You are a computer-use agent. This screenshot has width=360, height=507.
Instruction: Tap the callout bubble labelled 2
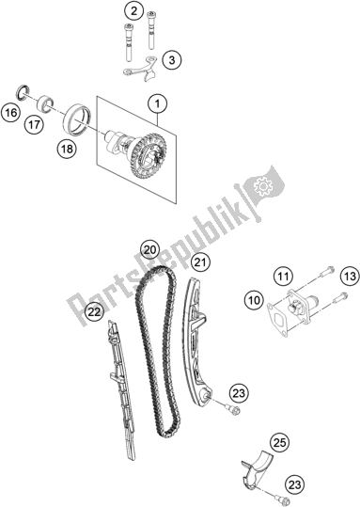(x=134, y=12)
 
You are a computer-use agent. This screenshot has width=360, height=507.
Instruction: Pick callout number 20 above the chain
(x=149, y=250)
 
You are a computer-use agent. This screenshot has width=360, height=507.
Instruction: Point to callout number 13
(x=349, y=276)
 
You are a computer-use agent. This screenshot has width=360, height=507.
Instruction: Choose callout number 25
(x=277, y=442)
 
